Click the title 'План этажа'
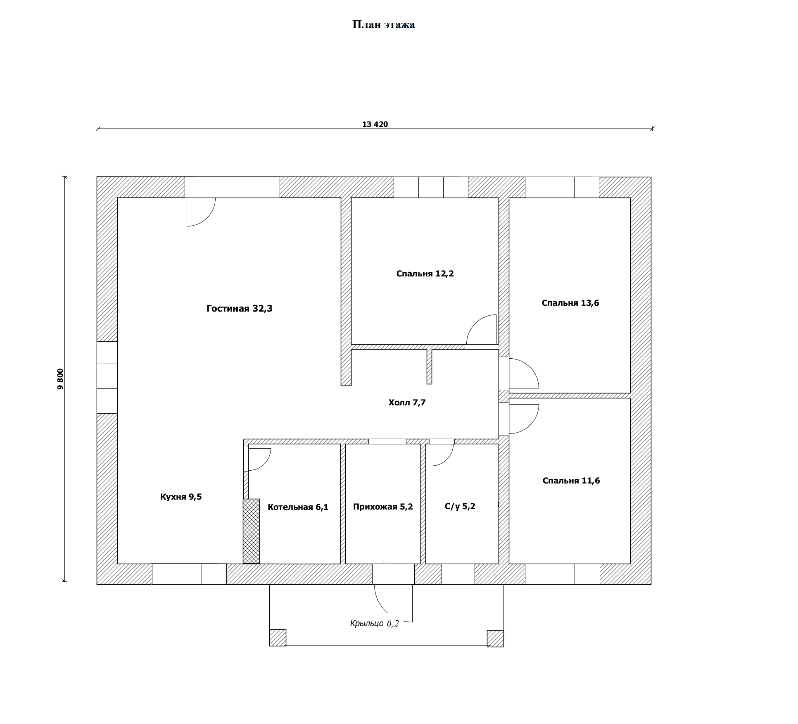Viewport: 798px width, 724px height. pos(383,25)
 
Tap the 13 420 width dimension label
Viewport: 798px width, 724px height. pos(375,124)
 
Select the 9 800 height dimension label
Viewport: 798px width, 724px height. pos(61,379)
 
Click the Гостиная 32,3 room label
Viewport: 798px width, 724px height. pos(240,309)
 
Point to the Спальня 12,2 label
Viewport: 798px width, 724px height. pos(425,274)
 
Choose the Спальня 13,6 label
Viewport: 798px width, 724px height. pos(570,303)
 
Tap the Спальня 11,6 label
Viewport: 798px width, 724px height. pos(571,481)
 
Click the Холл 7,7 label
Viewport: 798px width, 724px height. pos(407,402)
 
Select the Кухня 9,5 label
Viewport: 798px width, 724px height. pos(181,497)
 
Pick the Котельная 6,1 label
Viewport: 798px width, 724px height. pos(298,507)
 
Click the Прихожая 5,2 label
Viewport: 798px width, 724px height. pos(383,507)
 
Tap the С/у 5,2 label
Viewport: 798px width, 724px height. pos(460,506)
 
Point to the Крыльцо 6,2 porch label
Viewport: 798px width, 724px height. pos(374,624)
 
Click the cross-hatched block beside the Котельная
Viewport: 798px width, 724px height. pos(251,531)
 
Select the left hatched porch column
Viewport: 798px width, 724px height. pos(278,638)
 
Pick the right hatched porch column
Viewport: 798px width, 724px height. pos(495,638)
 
